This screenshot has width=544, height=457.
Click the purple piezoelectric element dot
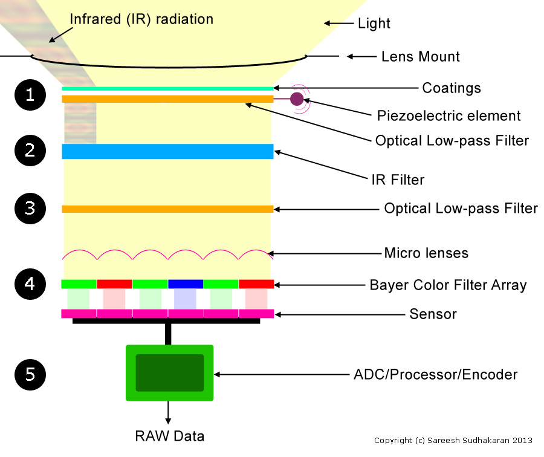pyautogui.click(x=297, y=99)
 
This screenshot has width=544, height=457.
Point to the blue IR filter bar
pyautogui.click(x=167, y=151)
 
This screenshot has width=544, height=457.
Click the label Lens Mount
pyautogui.click(x=420, y=57)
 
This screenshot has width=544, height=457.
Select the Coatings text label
pyautogui.click(x=451, y=88)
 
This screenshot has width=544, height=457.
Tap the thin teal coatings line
pyautogui.click(x=167, y=88)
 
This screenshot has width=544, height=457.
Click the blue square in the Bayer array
pyautogui.click(x=185, y=284)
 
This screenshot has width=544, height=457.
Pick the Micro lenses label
pyautogui.click(x=426, y=253)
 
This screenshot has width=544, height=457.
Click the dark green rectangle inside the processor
pyautogui.click(x=169, y=373)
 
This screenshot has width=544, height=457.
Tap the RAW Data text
pyautogui.click(x=169, y=436)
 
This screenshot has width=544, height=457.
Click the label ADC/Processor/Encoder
pyautogui.click(x=435, y=375)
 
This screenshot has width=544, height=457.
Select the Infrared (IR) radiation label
pyautogui.click(x=141, y=19)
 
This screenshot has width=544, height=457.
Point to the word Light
pyautogui.click(x=374, y=24)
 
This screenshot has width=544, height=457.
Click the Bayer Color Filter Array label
pyautogui.click(x=448, y=285)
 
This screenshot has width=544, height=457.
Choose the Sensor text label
pyautogui.click(x=433, y=314)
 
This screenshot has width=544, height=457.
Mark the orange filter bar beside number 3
pyautogui.click(x=167, y=209)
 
